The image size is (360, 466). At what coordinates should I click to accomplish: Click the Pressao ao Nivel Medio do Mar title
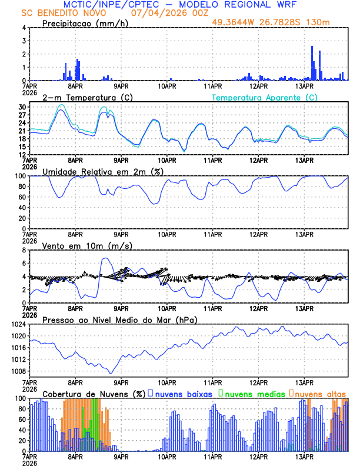(119, 319)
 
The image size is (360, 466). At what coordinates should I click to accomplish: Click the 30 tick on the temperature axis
(22, 106)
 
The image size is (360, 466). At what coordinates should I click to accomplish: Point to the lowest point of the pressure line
(110, 372)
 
